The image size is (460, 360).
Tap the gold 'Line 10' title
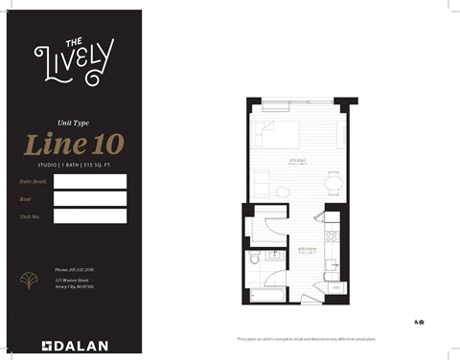[x=74, y=144]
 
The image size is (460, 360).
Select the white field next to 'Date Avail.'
[x=90, y=181]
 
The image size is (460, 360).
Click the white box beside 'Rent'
[x=90, y=198]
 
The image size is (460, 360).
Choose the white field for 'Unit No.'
[x=90, y=215]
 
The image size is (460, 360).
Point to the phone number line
[x=74, y=271]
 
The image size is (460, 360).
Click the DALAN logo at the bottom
[x=74, y=346]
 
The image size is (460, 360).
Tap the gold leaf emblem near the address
[x=27, y=281]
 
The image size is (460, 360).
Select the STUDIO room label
[x=295, y=160]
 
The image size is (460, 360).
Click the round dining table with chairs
[x=333, y=181]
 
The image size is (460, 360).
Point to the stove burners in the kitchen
[x=332, y=236]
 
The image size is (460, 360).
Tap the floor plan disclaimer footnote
[x=320, y=339]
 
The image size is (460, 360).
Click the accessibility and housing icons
[x=420, y=322]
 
